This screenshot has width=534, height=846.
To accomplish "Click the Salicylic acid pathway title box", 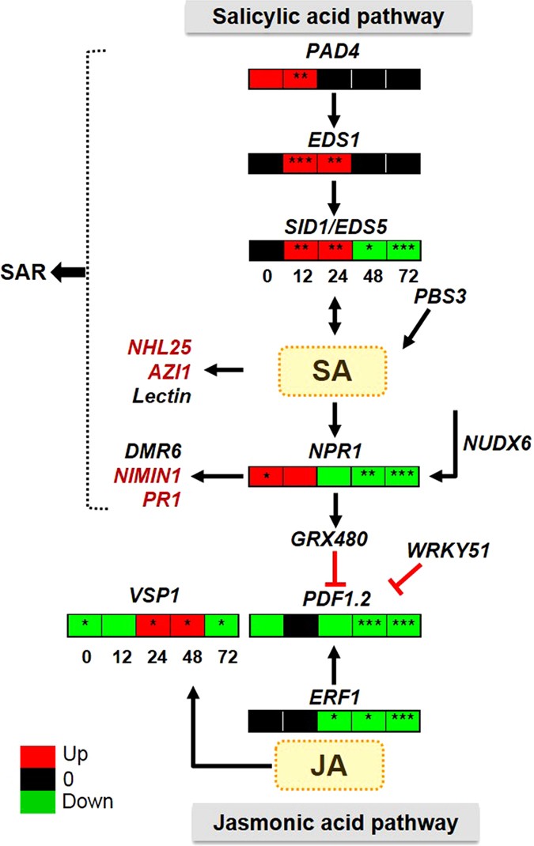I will click(334, 17).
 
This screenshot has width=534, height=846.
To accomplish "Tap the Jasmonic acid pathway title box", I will click(334, 822).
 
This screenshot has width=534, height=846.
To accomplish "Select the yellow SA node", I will click(334, 370).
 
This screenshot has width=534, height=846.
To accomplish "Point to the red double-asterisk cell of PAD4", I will click(300, 78).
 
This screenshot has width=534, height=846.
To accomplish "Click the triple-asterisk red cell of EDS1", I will click(300, 164).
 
